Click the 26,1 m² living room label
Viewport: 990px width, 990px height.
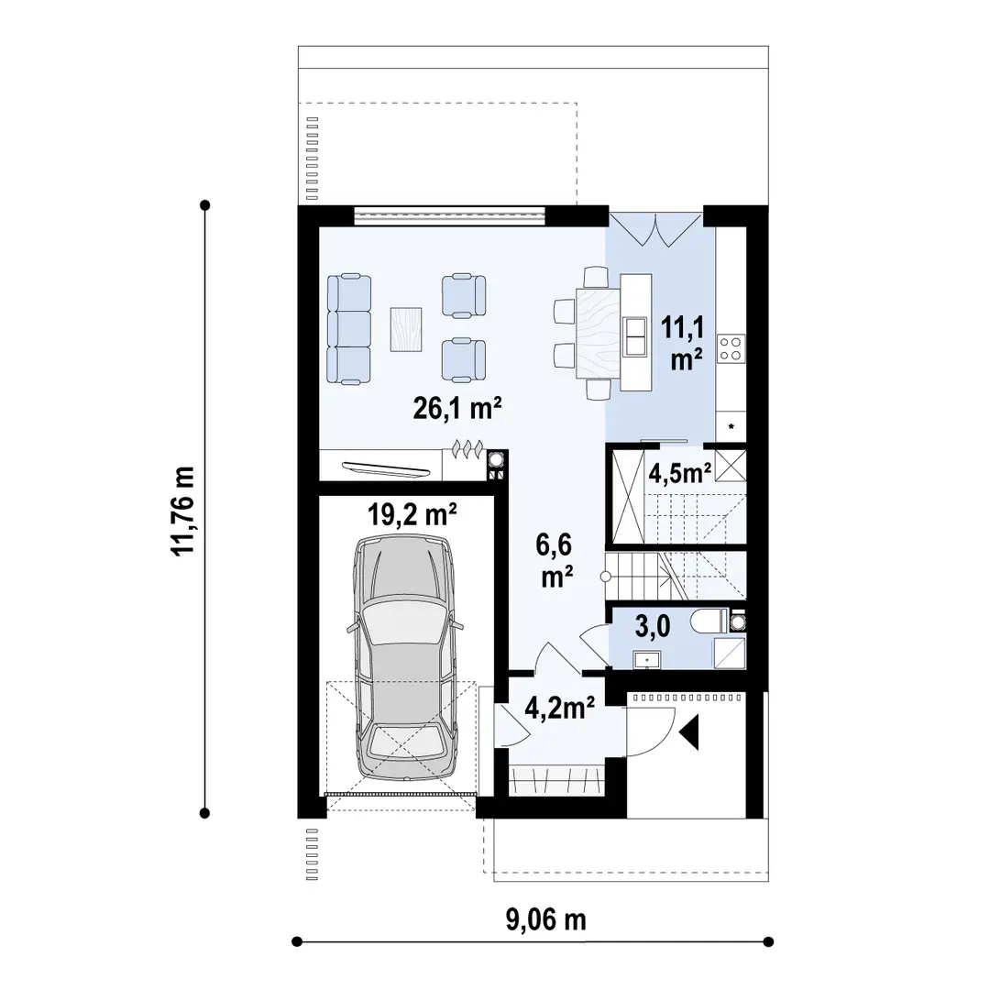pos(457,409)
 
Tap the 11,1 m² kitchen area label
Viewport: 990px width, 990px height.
pos(683,343)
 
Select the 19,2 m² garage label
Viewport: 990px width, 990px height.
pos(412,515)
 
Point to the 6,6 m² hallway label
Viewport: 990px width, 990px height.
pos(555,560)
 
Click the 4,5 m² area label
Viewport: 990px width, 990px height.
pos(680,472)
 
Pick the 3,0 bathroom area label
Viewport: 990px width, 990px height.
pos(653,627)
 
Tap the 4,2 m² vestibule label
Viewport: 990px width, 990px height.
pos(560,708)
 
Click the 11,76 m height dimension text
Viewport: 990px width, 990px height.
pos(183,511)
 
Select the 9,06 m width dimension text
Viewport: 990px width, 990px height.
pos(546,920)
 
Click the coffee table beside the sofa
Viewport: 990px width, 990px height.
pos(406,328)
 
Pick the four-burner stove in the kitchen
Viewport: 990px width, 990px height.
pos(731,348)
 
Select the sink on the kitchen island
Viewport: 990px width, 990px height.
pos(635,336)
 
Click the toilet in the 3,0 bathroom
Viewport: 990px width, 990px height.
pos(709,621)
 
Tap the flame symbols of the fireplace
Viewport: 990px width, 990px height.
pos(467,449)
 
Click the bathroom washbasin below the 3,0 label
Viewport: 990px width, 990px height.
pos(646,660)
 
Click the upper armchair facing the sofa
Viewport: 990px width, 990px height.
pos(464,295)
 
